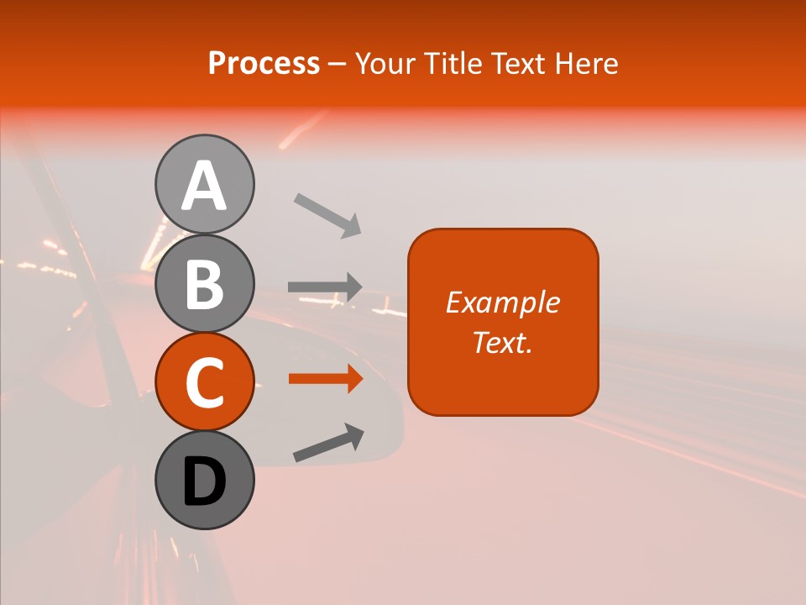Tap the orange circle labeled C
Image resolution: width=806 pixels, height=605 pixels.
coord(204,382)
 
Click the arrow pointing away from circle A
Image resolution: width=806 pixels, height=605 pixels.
coord(327,214)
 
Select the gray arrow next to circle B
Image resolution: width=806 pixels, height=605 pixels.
coord(325,287)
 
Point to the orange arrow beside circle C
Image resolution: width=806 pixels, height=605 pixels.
coord(325,379)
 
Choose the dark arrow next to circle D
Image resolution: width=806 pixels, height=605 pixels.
coord(328,443)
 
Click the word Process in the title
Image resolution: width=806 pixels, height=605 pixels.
coord(264,64)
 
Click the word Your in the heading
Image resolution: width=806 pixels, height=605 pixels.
coord(385,64)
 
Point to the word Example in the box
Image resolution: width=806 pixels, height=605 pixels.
coord(503,302)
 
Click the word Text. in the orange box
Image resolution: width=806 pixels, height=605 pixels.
coord(503,342)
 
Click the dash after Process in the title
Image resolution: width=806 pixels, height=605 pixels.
coord(337,65)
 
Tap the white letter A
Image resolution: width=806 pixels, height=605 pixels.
coord(204,185)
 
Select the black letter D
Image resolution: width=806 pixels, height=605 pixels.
coord(204,482)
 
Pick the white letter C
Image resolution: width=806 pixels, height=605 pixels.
coord(204,382)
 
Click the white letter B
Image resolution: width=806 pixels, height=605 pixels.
coord(204,283)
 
